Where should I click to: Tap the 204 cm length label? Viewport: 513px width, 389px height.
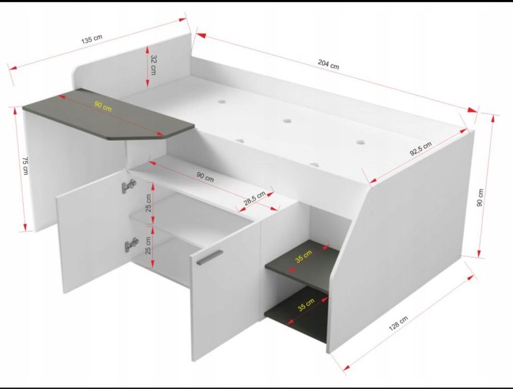click(x=328, y=64)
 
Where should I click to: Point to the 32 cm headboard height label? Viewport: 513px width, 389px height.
click(x=153, y=65)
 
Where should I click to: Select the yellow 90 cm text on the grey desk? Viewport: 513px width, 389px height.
click(x=103, y=106)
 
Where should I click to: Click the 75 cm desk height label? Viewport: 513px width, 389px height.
click(x=25, y=166)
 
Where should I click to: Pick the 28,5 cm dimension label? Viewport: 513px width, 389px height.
click(x=255, y=199)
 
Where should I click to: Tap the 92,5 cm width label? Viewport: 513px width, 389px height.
click(x=421, y=149)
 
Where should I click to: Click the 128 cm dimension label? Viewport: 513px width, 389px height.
click(x=398, y=323)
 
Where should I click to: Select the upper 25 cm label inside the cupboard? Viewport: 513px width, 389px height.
click(x=148, y=203)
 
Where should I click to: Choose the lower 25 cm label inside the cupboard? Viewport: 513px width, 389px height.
click(x=148, y=245)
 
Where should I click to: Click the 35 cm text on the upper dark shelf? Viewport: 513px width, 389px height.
click(x=304, y=256)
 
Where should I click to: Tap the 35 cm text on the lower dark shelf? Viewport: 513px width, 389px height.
click(x=306, y=304)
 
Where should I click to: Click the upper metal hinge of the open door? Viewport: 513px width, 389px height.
click(x=129, y=186)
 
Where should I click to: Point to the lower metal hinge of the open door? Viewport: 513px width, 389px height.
click(x=132, y=244)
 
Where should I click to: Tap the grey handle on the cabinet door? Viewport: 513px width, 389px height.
click(x=210, y=257)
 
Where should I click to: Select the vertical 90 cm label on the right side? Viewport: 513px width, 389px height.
click(x=480, y=198)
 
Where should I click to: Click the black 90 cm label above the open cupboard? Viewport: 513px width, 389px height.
click(x=205, y=177)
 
